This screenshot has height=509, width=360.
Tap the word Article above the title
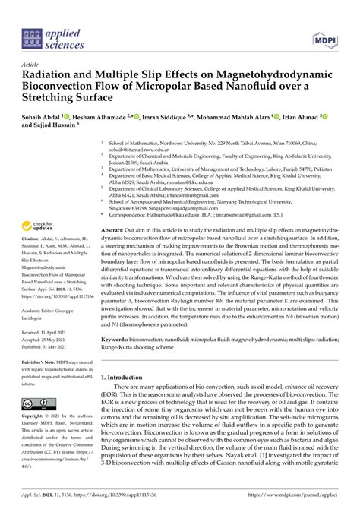click(x=31, y=65)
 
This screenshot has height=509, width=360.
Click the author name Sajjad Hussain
click(x=61, y=128)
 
